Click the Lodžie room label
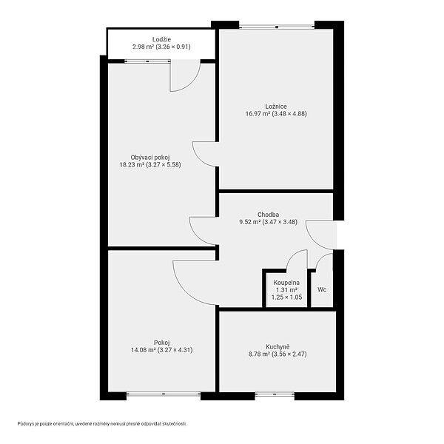click(161, 40)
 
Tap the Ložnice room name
click(276, 107)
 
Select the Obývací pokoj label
click(150, 158)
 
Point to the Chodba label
click(268, 215)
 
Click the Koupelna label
click(286, 283)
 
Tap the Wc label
click(322, 289)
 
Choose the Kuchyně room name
click(277, 346)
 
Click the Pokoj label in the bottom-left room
click(161, 343)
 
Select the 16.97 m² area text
click(258, 114)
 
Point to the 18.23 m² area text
click(132, 165)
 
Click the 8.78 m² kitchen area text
click(259, 354)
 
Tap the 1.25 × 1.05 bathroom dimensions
click(286, 297)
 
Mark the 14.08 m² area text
click(144, 350)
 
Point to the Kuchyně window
click(275, 394)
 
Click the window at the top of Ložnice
click(277, 27)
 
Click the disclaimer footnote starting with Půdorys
click(102, 424)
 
